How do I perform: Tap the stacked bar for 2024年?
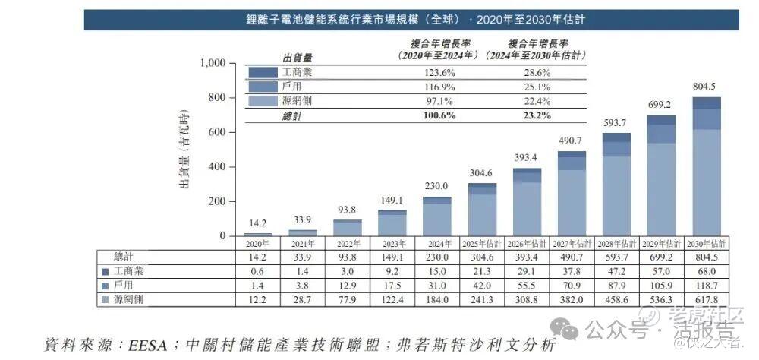tap(436, 216)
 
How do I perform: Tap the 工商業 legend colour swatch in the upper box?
tap(263, 72)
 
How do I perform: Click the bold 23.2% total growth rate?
tap(536, 115)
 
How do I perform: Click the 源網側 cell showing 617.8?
tap(705, 300)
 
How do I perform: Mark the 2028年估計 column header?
tap(616, 243)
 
